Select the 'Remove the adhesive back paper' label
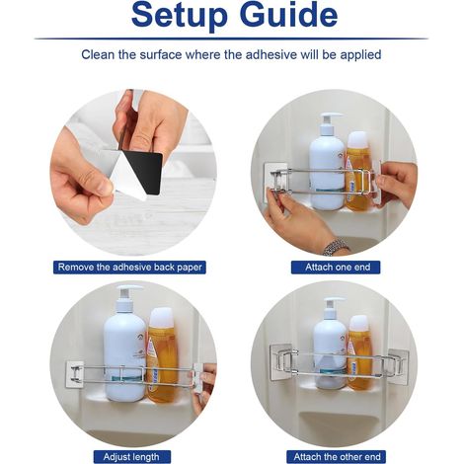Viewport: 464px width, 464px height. point(129,267)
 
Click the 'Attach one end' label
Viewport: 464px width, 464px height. point(336,267)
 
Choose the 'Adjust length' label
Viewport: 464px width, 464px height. point(132,457)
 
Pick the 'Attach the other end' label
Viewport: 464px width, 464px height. point(336,457)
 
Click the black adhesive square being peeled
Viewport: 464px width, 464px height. point(146,173)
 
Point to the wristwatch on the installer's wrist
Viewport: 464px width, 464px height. point(336,247)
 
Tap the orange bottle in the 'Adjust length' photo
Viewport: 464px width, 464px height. point(162,354)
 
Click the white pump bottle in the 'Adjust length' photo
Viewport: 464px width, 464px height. point(124,344)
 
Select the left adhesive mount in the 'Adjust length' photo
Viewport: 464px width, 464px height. point(75,374)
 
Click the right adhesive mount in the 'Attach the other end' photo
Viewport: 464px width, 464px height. point(398,366)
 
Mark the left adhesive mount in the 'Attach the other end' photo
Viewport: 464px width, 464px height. point(282,361)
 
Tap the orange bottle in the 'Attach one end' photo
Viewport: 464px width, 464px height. point(357,171)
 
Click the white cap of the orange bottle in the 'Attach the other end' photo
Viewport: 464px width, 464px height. point(358,323)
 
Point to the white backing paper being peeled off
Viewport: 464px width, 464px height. point(126,178)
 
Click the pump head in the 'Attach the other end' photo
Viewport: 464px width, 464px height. point(333,304)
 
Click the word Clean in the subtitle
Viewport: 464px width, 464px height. point(98,54)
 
